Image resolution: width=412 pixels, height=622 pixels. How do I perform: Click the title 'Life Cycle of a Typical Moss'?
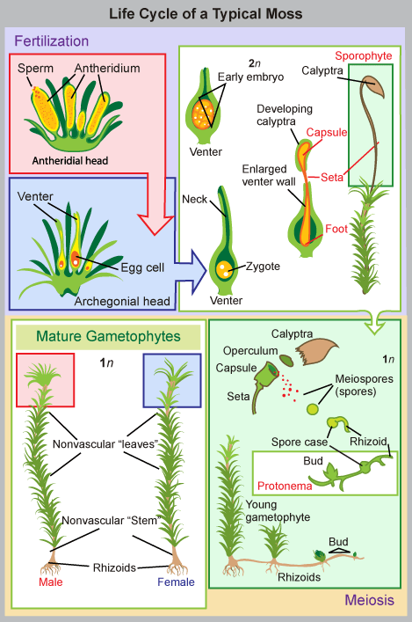[206, 14]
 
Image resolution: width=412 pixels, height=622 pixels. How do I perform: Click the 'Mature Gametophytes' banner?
[107, 335]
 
